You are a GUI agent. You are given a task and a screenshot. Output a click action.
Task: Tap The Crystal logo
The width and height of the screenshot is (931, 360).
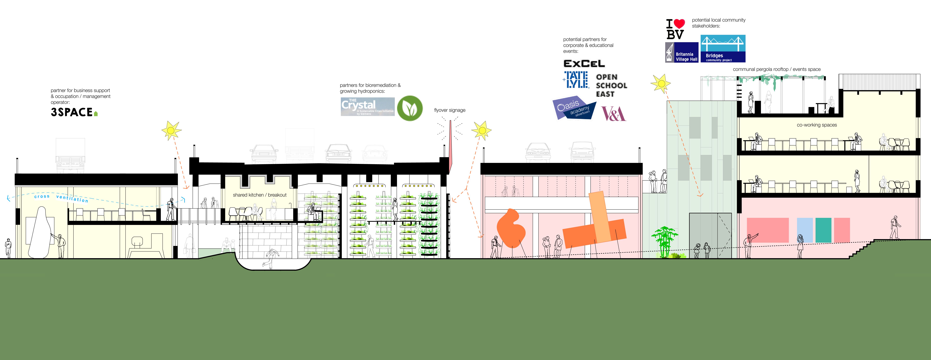click(367, 107)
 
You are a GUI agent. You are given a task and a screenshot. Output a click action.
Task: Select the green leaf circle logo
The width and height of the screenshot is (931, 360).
click(410, 108)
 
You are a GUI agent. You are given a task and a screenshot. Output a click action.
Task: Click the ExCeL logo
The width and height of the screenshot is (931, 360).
click(584, 64)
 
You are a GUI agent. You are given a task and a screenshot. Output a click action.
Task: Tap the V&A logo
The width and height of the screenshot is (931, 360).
click(613, 114)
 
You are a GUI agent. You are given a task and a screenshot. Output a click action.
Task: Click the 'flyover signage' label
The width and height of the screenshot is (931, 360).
click(450, 110)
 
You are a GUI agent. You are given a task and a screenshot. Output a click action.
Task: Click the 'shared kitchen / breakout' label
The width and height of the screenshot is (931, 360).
click(260, 195)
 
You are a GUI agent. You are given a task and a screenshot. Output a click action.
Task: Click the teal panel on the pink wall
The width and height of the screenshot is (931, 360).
click(823, 230)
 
